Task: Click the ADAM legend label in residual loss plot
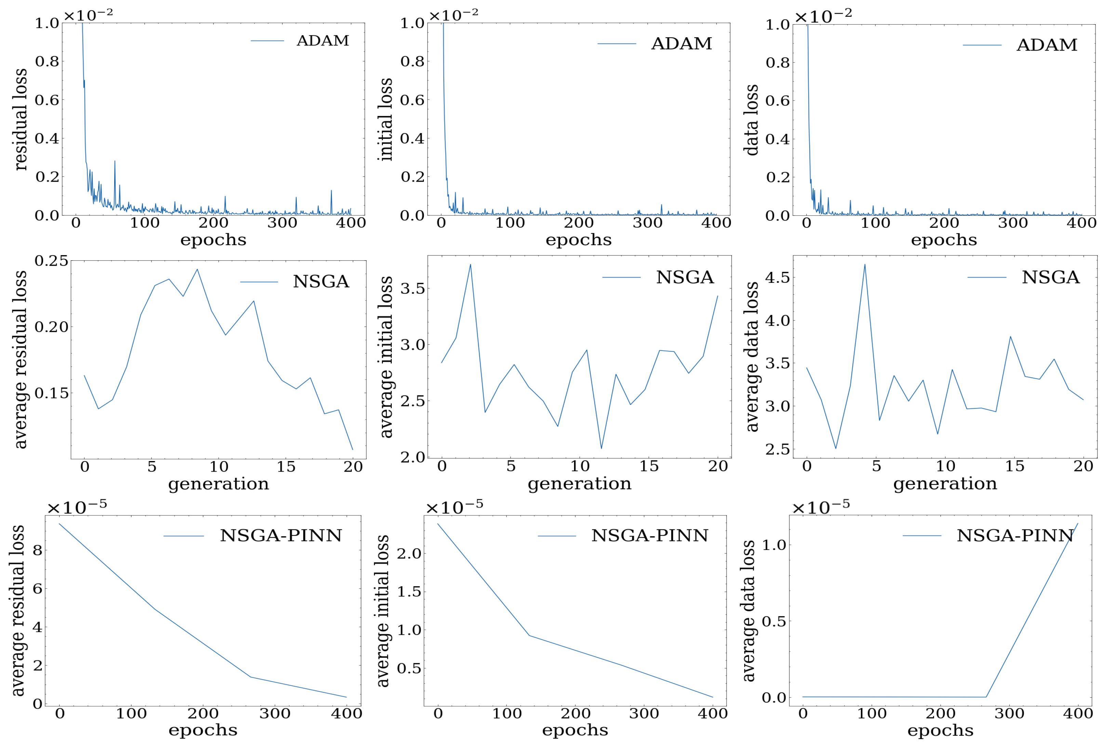[322, 40]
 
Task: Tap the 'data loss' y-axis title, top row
[751, 120]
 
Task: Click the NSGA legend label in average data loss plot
[1050, 277]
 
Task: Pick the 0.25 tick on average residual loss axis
[51, 261]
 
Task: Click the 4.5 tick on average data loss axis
[777, 277]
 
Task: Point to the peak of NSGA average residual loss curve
[197, 269]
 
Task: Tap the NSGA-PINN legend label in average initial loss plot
[650, 536]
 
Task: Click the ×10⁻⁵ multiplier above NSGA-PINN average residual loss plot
[77, 507]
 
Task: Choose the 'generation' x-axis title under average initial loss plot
[579, 484]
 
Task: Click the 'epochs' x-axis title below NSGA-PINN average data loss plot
[940, 730]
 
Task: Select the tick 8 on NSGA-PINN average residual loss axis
[37, 550]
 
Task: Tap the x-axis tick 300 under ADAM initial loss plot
[647, 223]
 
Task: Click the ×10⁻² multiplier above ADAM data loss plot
[823, 17]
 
